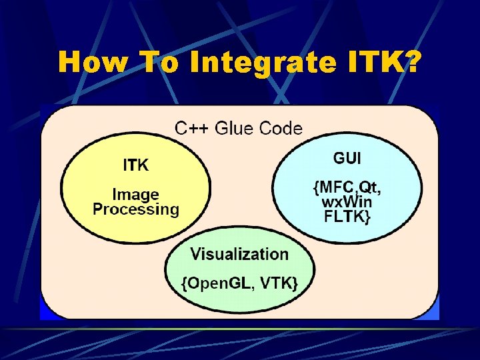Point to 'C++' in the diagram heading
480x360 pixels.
193,128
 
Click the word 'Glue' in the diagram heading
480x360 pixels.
237,128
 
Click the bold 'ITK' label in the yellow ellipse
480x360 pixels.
136,164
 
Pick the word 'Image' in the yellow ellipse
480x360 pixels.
136,195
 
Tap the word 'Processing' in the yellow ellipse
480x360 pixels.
136,209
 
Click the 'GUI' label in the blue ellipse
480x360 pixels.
347,159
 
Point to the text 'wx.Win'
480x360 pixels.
347,203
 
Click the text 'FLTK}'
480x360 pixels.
347,217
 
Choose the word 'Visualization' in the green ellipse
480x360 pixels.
239,254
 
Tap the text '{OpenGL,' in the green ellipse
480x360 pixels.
217,283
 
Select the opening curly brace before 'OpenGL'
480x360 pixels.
184,283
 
